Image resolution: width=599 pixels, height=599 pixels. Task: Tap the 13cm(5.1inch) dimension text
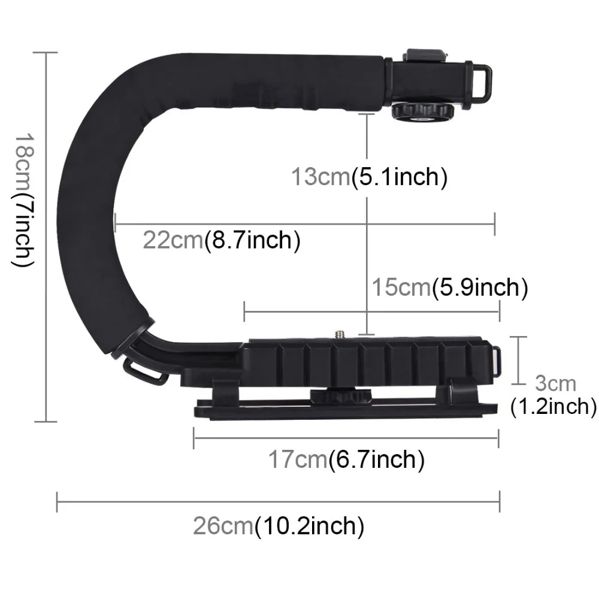pyautogui.click(x=369, y=178)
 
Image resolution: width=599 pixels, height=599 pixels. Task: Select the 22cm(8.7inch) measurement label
pyautogui.click(x=221, y=241)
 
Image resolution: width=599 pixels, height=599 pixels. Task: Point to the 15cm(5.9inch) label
pyautogui.click(x=449, y=288)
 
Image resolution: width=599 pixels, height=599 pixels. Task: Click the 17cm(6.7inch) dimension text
pyautogui.click(x=346, y=460)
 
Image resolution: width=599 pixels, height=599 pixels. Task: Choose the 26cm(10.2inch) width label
pyautogui.click(x=279, y=527)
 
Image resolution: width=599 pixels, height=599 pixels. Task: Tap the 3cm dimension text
pyautogui.click(x=555, y=383)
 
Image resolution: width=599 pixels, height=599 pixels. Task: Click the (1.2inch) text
pyautogui.click(x=553, y=407)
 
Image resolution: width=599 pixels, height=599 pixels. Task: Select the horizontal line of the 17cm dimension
pyautogui.click(x=346, y=437)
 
